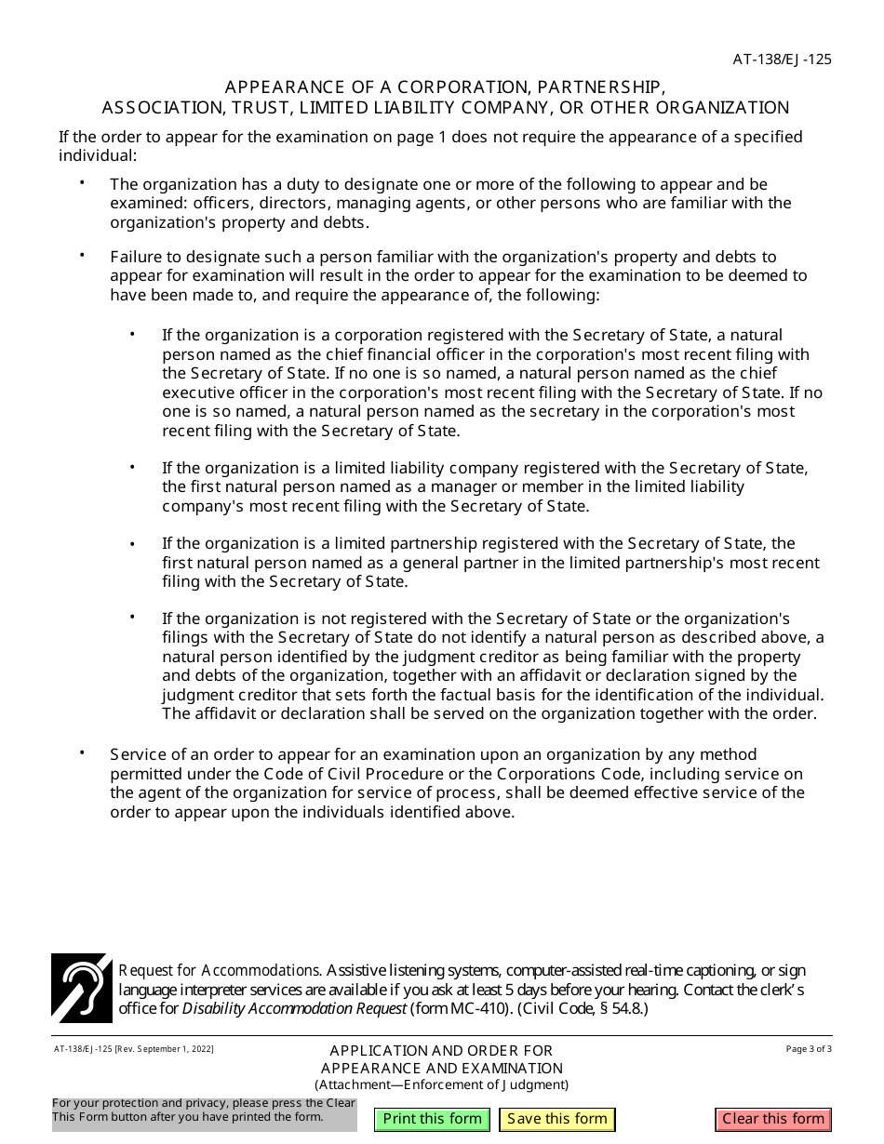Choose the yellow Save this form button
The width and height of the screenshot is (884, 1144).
click(x=557, y=1119)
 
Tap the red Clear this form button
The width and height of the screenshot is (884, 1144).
click(x=773, y=1119)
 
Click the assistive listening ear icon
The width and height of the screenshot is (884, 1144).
click(x=81, y=988)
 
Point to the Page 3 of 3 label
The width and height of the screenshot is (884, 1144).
click(x=809, y=1049)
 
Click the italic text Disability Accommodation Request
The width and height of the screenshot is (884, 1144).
click(x=294, y=1008)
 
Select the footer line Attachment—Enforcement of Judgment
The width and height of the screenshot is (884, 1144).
click(x=441, y=1084)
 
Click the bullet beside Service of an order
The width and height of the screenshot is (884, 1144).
click(x=82, y=753)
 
